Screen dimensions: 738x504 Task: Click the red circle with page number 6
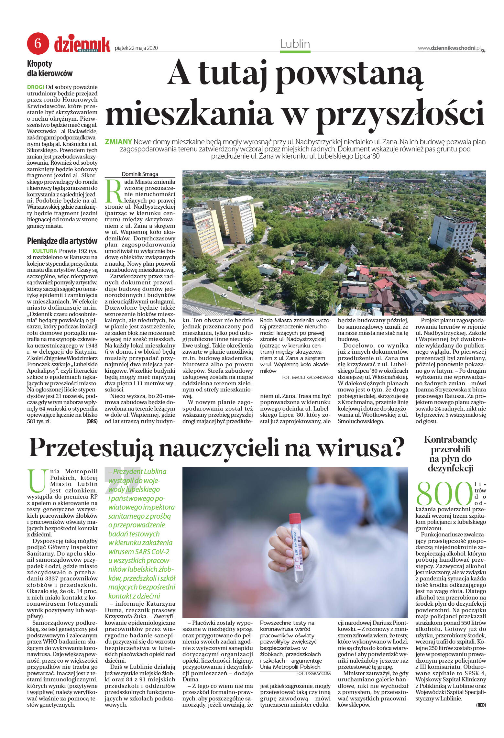coord(38,43)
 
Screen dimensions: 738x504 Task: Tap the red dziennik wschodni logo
coord(82,44)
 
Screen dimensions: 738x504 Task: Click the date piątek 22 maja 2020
coord(136,48)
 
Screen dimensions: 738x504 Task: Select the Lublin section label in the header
coord(295,44)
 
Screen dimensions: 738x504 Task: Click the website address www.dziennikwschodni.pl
coord(449,48)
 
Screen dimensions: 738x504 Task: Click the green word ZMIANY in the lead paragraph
coord(118,142)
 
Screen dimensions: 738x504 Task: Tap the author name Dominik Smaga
coord(140,174)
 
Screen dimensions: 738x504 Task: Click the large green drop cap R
coord(114,191)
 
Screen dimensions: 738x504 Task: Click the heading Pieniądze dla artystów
coord(62,241)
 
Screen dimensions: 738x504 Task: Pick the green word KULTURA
coord(45,251)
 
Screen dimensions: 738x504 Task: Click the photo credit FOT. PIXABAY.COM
coord(313,673)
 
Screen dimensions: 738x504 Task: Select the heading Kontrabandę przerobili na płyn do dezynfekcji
coord(450,454)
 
